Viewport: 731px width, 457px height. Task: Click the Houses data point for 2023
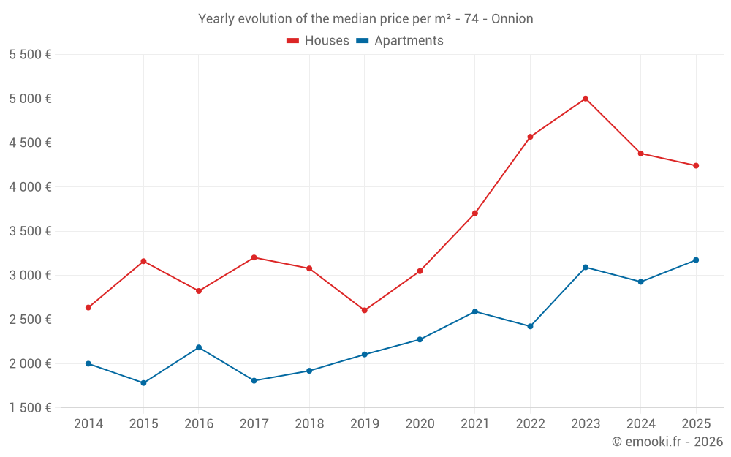[586, 99]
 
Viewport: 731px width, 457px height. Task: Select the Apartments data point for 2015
[143, 383]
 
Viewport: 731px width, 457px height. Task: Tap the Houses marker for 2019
[365, 310]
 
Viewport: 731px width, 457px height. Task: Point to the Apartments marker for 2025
[696, 260]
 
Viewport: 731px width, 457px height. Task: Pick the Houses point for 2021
[475, 214]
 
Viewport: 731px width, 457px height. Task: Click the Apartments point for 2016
[199, 347]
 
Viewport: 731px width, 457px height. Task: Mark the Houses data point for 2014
[88, 308]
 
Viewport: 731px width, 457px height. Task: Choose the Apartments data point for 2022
[530, 326]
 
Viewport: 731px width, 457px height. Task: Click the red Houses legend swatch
[293, 41]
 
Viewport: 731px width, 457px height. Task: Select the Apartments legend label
[409, 41]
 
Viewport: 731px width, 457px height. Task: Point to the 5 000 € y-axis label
[30, 99]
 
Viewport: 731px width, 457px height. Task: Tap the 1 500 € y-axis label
[30, 408]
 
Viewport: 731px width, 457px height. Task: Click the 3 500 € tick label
[30, 231]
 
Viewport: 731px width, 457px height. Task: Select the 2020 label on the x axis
[420, 424]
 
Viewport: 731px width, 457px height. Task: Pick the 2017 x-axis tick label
[254, 424]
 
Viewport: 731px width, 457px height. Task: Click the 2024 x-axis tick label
[640, 424]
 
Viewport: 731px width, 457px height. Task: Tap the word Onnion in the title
[512, 19]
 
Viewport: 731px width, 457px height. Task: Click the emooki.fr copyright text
[667, 442]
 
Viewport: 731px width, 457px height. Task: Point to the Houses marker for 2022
[530, 137]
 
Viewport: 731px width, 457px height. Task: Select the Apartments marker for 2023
[586, 267]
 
